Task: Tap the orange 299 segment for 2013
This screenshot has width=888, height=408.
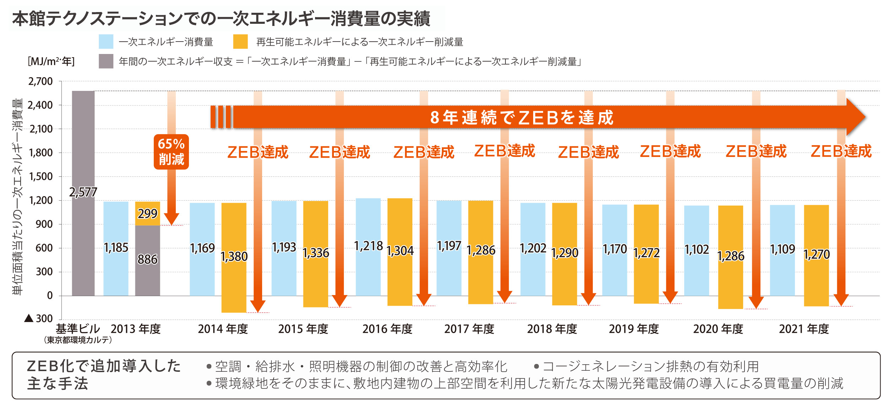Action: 147,213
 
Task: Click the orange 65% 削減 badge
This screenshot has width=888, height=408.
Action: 171,152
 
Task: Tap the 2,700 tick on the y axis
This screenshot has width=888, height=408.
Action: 40,81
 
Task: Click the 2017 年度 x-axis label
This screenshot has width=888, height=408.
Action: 469,329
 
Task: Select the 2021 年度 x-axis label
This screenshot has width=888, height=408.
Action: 803,329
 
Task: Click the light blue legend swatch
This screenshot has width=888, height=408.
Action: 106,42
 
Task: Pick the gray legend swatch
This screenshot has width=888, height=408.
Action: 106,61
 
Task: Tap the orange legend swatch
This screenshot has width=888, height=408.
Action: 240,42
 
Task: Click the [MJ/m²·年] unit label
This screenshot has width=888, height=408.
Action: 51,61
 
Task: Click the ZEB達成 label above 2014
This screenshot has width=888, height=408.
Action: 258,152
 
